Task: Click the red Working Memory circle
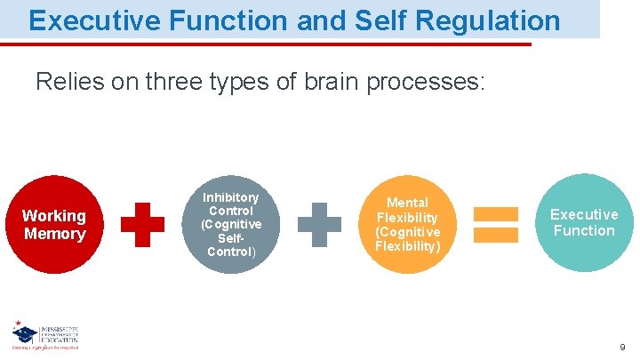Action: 53,224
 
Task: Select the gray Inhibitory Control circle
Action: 230,224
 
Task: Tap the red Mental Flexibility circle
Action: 407,224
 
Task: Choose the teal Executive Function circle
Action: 583,222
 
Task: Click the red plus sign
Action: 142,224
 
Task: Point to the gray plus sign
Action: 318,224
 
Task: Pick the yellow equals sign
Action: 495,224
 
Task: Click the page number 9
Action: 622,348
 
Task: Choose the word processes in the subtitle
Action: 424,83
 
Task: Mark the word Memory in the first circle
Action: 54,234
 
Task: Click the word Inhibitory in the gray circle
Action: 230,197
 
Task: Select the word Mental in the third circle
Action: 407,203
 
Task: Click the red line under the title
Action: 267,44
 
